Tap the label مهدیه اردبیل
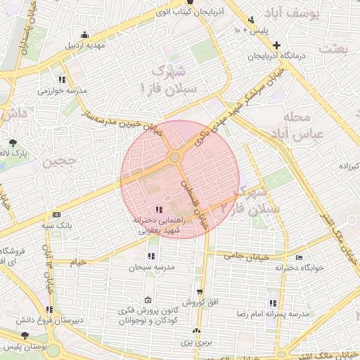point(84,46)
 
